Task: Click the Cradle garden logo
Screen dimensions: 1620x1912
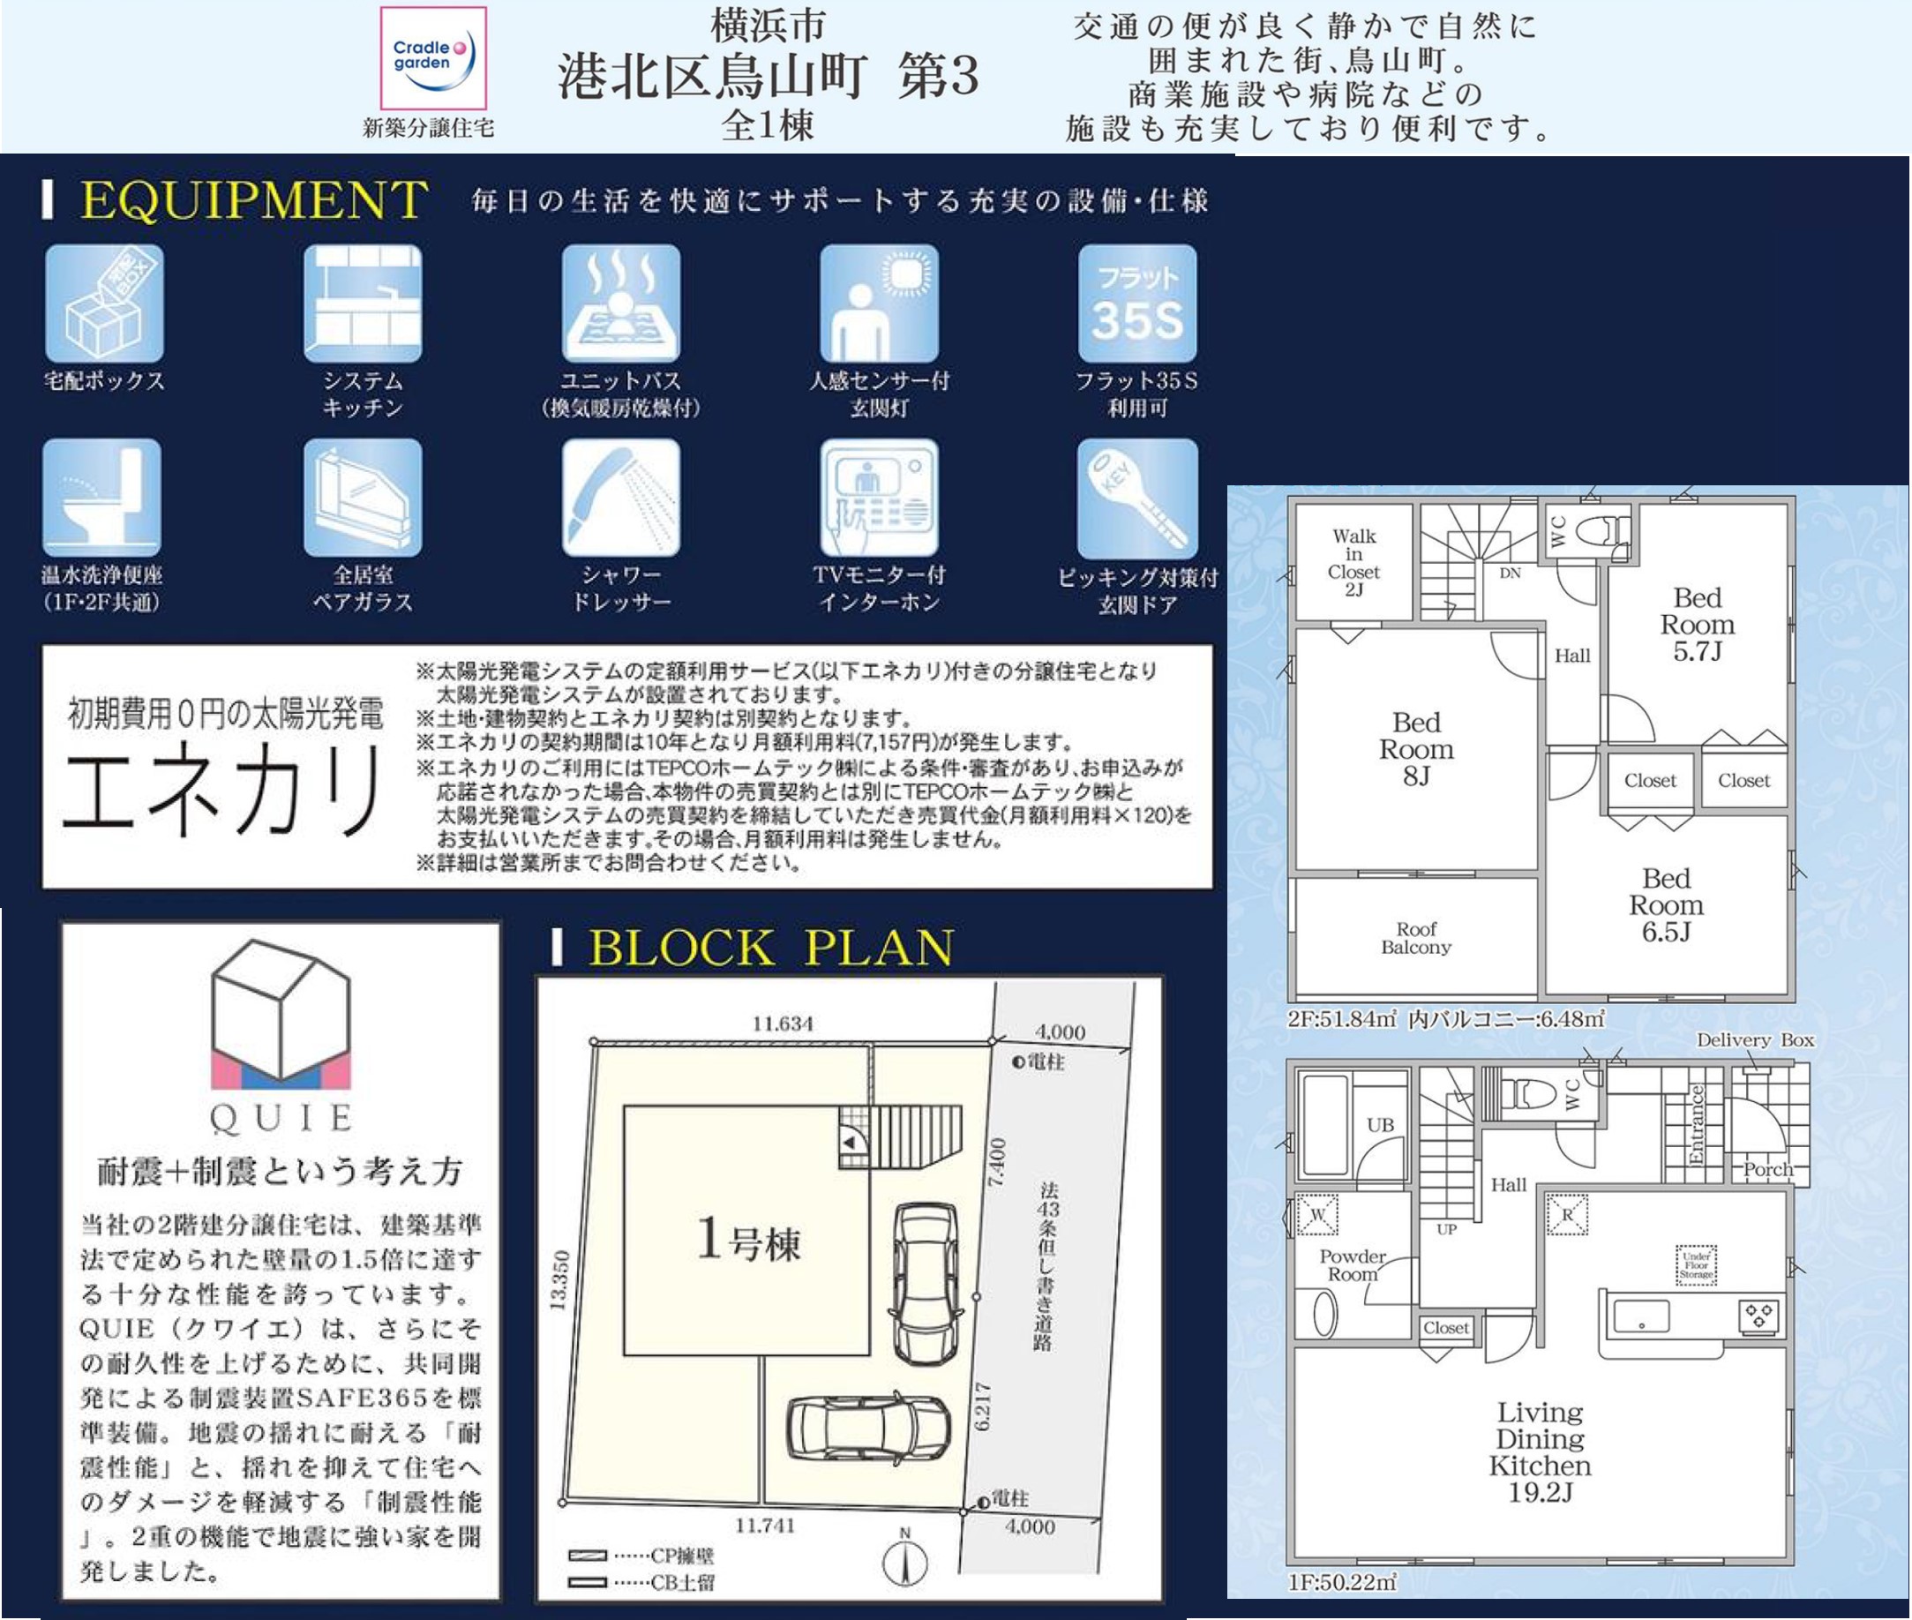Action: click(x=433, y=58)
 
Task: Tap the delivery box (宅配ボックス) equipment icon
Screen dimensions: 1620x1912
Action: click(x=104, y=303)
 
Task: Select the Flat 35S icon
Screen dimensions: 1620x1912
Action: click(x=1137, y=303)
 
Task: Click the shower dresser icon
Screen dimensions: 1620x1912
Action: click(x=621, y=497)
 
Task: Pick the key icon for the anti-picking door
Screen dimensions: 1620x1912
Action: click(x=1137, y=497)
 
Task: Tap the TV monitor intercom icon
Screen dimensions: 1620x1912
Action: click(x=879, y=497)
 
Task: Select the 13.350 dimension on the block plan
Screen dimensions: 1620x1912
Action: click(x=561, y=1280)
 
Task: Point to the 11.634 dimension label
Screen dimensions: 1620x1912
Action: click(x=783, y=1023)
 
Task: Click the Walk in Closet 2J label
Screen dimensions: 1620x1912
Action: click(x=1353, y=562)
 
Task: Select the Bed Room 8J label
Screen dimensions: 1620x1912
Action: click(x=1416, y=749)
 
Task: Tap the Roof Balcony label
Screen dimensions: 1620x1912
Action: click(x=1416, y=938)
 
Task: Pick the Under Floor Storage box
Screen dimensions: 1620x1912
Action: click(x=1695, y=1264)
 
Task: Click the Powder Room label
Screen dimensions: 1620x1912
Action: click(x=1352, y=1264)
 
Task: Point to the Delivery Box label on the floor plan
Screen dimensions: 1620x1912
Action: click(x=1755, y=1039)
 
